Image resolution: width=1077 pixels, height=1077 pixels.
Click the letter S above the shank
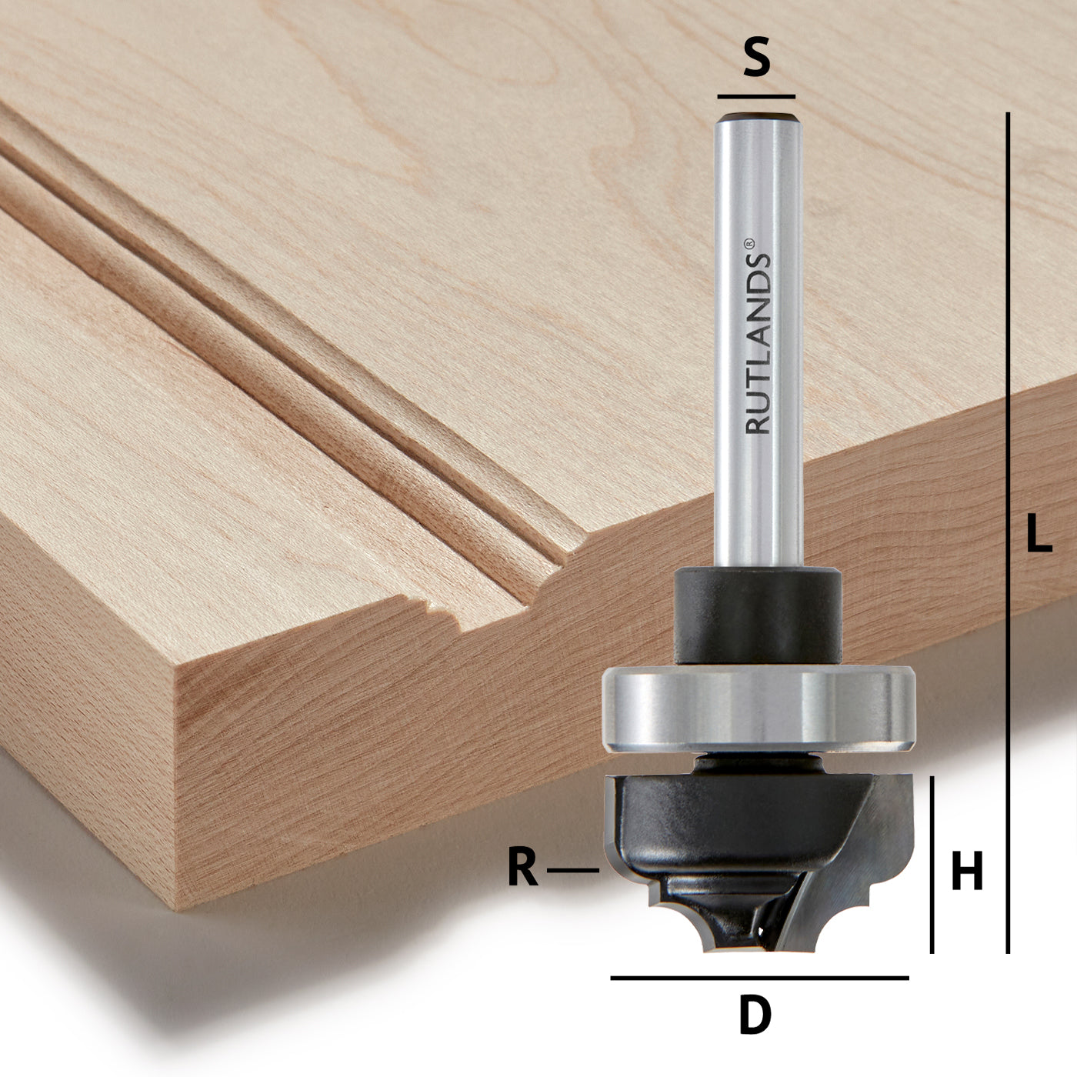pos(756,58)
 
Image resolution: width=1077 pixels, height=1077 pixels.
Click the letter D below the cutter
pos(755,1015)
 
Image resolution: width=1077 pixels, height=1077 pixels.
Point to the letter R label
pos(523,869)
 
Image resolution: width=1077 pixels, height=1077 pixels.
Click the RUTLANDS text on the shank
pos(759,346)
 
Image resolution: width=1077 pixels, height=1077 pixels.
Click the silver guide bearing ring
pos(758,708)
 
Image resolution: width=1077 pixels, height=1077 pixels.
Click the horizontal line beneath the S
pos(756,97)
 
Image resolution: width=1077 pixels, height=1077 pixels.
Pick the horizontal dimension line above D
pos(759,978)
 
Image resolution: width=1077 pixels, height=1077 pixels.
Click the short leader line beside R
pos(572,870)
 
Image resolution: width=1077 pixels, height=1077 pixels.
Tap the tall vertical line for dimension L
pos(1007,531)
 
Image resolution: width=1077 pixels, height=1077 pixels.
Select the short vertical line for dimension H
pos(932,865)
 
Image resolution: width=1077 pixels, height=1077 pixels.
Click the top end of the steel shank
pos(758,120)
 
